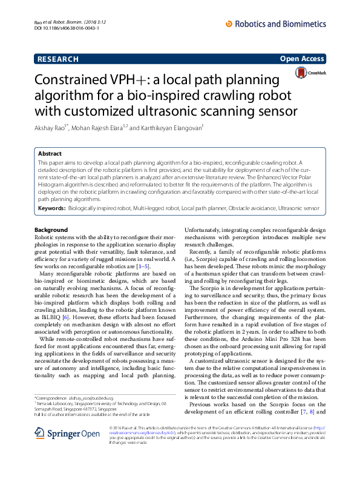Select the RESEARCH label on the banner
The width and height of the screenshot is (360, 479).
tap(57, 59)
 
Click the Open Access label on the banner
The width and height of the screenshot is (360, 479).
tap(302, 59)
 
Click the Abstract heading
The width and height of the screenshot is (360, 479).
tap(50, 154)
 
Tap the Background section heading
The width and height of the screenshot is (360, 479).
tap(51, 230)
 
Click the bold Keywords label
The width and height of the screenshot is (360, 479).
tap(51, 208)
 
